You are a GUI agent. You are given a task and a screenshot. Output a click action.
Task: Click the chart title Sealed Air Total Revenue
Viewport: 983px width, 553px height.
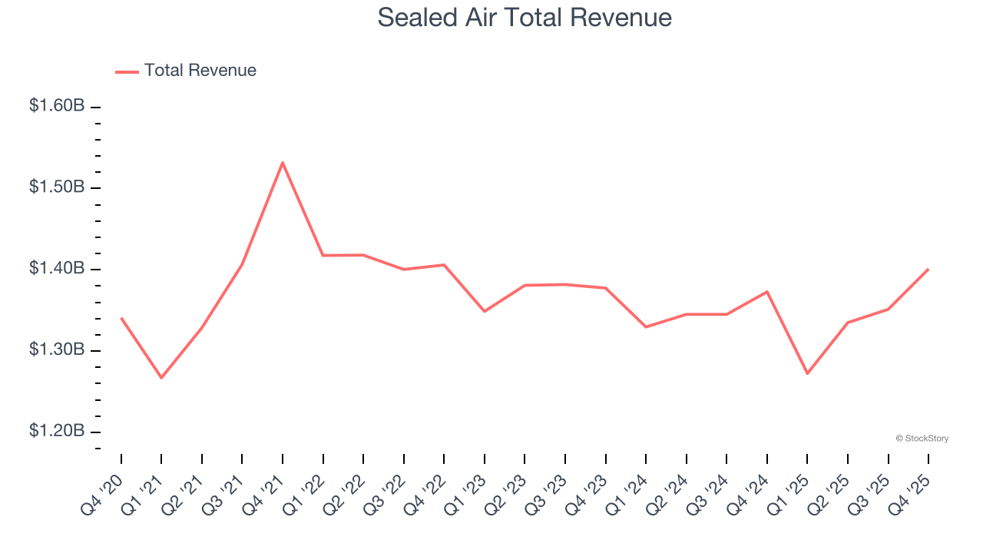click(525, 18)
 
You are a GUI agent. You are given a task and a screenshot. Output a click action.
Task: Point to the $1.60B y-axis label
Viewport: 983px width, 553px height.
click(57, 106)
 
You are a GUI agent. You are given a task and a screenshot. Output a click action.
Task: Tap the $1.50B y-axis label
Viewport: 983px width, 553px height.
click(57, 187)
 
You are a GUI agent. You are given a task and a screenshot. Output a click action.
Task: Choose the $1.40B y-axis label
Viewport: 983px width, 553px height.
click(57, 268)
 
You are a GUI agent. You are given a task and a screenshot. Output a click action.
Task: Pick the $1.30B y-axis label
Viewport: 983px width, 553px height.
click(57, 349)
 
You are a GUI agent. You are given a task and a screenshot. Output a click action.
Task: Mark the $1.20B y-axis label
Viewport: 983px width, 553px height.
click(57, 431)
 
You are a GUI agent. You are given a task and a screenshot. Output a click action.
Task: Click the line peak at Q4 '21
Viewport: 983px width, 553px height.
click(283, 162)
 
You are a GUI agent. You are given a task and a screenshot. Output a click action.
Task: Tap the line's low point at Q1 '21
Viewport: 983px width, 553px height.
click(161, 378)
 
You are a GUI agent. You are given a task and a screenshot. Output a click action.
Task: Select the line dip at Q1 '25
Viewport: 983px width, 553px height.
click(807, 373)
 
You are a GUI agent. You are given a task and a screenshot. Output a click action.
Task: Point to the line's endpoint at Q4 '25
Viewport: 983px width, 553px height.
click(928, 269)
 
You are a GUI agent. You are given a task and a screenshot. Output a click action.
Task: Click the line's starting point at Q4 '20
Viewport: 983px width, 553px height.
click(121, 318)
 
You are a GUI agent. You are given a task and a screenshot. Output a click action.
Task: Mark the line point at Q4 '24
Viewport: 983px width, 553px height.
click(767, 292)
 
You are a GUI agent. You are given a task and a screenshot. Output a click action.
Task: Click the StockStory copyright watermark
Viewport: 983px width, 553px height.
click(922, 439)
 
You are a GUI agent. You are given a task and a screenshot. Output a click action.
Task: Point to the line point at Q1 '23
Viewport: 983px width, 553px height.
click(485, 311)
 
